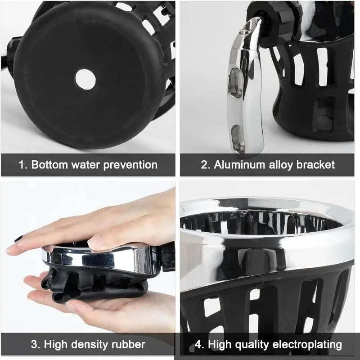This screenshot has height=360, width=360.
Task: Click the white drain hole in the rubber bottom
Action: point(85,79)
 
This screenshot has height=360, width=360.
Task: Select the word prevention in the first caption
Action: point(130,165)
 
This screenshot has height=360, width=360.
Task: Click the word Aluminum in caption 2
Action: point(239,165)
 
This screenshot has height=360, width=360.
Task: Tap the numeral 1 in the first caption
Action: point(22,165)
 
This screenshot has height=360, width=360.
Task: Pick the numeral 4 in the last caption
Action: point(198,345)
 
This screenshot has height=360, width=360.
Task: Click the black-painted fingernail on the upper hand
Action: point(18,239)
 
